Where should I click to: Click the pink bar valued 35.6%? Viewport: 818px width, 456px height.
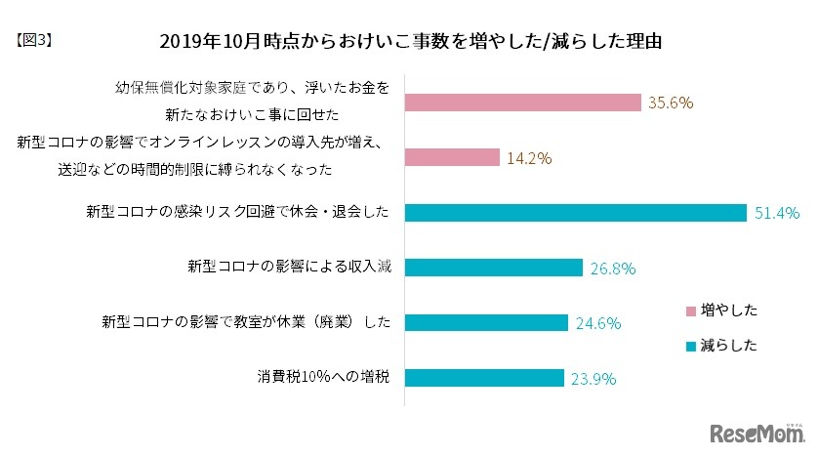(x=522, y=103)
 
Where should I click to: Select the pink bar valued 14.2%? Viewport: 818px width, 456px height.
(x=452, y=157)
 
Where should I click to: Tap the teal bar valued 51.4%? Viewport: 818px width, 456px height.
(x=574, y=212)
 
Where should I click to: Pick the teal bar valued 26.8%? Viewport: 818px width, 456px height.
(x=493, y=267)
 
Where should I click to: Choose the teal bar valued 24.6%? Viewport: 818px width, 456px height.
(x=486, y=321)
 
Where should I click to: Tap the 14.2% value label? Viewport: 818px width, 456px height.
(x=527, y=157)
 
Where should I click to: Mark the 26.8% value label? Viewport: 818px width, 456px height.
(x=611, y=268)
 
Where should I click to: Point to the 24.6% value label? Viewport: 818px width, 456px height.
(x=596, y=322)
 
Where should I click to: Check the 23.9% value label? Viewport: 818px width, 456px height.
(x=593, y=378)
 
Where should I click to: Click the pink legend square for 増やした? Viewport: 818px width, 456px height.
(x=691, y=311)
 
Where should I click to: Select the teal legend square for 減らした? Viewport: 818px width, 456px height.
(x=691, y=346)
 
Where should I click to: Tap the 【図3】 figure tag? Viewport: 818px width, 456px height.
(x=36, y=41)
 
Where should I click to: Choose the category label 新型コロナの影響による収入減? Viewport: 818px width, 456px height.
(x=289, y=267)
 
